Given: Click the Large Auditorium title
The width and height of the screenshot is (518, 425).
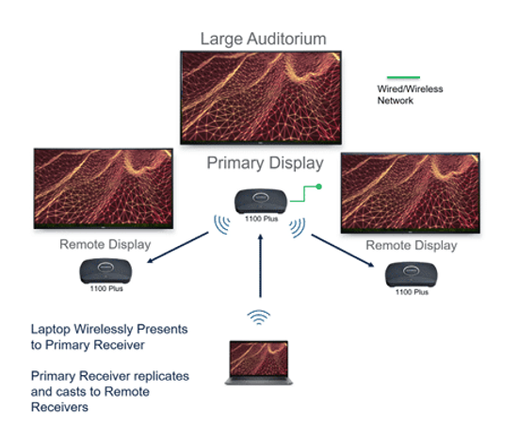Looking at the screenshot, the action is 264,39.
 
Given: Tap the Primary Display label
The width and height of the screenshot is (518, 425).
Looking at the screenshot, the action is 265,163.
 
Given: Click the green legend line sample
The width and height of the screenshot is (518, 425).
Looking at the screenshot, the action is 403,77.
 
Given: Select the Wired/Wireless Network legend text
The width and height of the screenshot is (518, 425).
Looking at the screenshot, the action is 410,94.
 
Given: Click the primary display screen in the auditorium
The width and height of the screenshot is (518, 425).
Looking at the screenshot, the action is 261,98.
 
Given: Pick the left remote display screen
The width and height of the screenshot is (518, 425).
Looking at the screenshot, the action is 104,188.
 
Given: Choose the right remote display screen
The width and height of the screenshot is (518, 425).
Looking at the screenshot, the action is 411,193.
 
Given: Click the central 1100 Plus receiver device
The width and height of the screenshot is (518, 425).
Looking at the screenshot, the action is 261,202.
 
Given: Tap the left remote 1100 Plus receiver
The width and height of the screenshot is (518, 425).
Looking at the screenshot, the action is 105,271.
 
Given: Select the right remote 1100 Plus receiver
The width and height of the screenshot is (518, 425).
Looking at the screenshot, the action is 412,274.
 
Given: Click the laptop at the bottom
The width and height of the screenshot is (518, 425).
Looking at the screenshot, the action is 259,363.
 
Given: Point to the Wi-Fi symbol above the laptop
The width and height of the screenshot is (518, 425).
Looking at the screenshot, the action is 259,318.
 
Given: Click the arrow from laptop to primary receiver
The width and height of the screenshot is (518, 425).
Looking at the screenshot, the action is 260,266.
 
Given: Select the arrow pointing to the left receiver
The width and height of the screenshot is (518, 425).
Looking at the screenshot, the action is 178,248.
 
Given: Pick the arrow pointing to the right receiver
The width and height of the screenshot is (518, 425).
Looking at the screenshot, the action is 343,251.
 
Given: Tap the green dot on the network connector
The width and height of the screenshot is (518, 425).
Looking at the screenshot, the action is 318,187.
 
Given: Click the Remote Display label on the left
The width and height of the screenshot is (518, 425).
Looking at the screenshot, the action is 105,245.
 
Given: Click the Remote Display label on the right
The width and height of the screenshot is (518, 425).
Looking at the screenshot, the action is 412,246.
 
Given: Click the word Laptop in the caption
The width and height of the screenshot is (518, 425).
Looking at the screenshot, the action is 51,330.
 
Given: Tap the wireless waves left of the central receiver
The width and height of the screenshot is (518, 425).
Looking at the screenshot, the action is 222,224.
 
